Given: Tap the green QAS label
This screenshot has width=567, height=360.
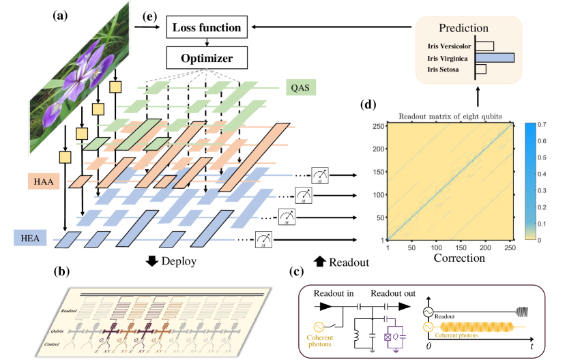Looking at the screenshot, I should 300,87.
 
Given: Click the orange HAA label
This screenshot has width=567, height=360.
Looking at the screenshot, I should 44,181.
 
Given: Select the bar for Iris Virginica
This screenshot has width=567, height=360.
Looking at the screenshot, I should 495,58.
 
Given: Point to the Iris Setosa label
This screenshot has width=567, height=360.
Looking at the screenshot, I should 447,70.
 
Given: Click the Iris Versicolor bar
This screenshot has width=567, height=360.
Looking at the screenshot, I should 484,46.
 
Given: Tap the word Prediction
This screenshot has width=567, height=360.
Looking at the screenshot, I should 468,29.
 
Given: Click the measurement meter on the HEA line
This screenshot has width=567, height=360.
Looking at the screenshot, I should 264,238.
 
